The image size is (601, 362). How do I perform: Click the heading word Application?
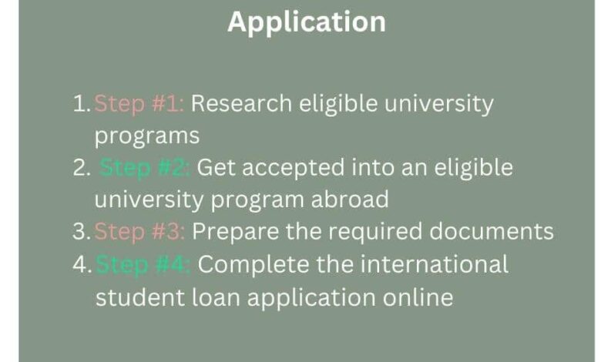coord(307,22)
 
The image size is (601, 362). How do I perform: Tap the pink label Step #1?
coord(139,104)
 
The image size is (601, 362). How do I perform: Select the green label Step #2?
coord(145,168)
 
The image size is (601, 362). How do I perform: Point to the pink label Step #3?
coord(139,232)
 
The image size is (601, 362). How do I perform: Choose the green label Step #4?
coord(143,265)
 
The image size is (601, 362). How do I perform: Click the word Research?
coord(241,103)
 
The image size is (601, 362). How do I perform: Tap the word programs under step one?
coord(147,137)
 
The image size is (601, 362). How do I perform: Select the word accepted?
coord(294,168)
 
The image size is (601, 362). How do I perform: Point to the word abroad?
coord(350,199)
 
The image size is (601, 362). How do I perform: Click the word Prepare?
coord(235,232)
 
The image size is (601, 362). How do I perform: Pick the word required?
coord(375,232)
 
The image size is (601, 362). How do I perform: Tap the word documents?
coord(492,231)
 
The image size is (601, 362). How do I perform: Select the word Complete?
coord(253,265)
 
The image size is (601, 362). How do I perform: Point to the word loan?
coord(216,297)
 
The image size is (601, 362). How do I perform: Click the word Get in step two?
coord(217,168)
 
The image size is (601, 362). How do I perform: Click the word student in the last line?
coord(140,297)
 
